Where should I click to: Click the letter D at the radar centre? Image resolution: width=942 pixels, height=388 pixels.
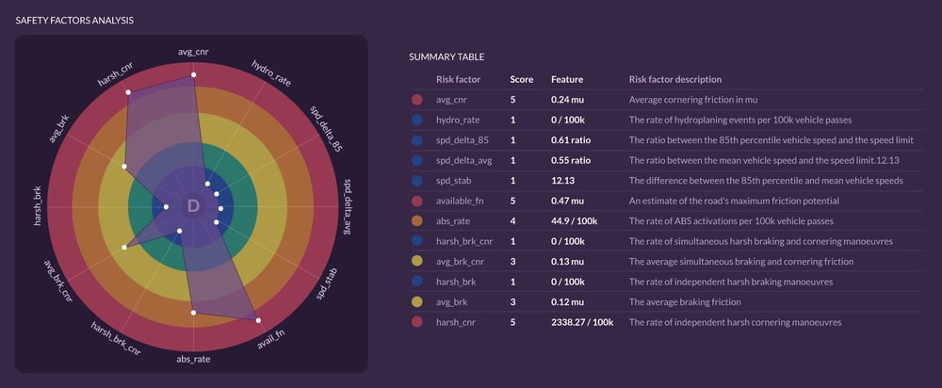point(193,206)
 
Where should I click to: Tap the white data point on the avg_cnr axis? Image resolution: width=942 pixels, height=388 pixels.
point(193,75)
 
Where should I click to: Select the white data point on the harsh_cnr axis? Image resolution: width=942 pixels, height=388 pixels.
point(128,92)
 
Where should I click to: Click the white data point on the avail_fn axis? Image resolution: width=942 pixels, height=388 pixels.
point(258,321)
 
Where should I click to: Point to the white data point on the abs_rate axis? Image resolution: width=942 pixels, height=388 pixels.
point(193,313)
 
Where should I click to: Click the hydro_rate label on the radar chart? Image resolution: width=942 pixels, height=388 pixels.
point(271,73)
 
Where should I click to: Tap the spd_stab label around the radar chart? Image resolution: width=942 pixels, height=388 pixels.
point(327,284)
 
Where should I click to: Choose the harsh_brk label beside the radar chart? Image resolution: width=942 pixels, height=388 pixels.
point(38,206)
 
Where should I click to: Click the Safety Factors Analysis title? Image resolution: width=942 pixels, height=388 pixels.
point(74,21)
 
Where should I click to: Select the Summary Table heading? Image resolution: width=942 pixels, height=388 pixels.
point(447,57)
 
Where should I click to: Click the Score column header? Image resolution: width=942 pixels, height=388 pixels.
point(521,79)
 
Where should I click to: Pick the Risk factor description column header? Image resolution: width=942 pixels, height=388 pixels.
point(675,79)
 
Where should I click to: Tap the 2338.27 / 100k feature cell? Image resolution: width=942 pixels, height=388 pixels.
point(582,322)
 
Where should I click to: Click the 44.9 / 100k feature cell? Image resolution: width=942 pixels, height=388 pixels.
point(575,221)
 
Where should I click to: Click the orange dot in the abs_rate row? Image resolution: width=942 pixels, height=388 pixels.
point(417,221)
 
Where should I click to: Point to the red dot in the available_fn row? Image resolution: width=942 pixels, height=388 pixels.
point(417,201)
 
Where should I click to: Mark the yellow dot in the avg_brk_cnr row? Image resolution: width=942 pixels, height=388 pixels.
point(417,261)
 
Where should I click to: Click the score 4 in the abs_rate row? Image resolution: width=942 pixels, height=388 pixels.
point(512,221)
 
